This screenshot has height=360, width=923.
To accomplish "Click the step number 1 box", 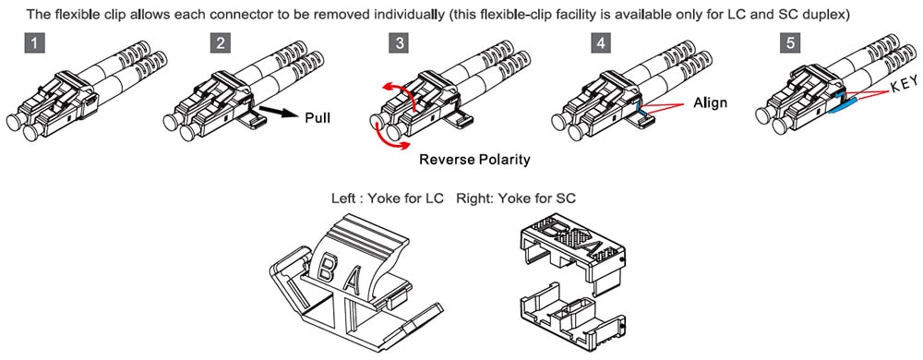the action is coord(35,44).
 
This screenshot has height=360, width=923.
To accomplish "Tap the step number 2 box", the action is coord(221,44).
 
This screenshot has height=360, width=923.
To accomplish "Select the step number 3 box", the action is coord(400,44).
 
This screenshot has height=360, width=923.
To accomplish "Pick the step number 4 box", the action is coord(600,44).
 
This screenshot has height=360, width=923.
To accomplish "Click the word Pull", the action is coord(318,117).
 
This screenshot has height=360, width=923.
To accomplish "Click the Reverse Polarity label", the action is coord(474,160).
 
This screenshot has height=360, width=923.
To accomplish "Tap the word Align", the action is coord(710,103).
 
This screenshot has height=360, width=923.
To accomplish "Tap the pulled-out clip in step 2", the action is coord(252,120).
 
